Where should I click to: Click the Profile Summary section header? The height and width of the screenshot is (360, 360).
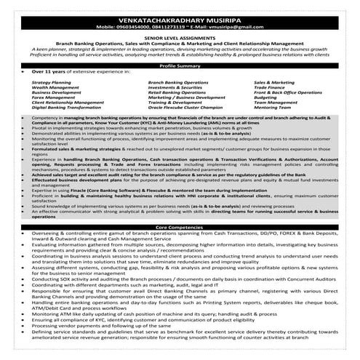coord(180,65)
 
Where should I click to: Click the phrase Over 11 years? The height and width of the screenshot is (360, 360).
coord(46,73)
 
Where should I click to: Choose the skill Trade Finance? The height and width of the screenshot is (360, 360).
coord(268,88)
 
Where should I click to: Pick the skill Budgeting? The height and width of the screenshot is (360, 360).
coord(265,97)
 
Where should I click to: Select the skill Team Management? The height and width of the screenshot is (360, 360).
coord(273,103)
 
